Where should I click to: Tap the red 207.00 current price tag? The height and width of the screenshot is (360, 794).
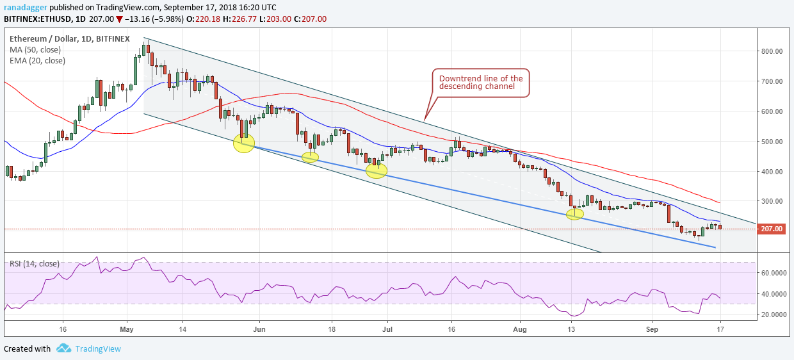pyautogui.click(x=772, y=229)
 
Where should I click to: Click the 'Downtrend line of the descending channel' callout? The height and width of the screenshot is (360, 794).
pyautogui.click(x=481, y=83)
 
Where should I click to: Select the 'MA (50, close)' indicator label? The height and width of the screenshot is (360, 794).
pyautogui.click(x=35, y=50)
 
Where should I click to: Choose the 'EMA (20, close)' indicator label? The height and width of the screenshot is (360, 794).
pyautogui.click(x=37, y=61)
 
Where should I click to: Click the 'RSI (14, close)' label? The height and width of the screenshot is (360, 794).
pyautogui.click(x=35, y=263)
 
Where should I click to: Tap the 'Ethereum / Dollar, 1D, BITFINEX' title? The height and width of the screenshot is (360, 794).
pyautogui.click(x=69, y=38)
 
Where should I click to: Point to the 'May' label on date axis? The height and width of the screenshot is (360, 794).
pyautogui.click(x=127, y=329)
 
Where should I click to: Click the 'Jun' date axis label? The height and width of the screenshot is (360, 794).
pyautogui.click(x=259, y=329)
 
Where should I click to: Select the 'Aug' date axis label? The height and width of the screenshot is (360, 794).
pyautogui.click(x=520, y=329)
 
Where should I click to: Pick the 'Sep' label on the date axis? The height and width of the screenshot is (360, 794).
pyautogui.click(x=652, y=329)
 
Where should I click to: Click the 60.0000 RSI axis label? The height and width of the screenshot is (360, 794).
pyautogui.click(x=774, y=273)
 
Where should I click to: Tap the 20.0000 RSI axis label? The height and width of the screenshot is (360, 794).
pyautogui.click(x=774, y=315)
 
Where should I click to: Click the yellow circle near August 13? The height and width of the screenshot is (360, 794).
pyautogui.click(x=574, y=214)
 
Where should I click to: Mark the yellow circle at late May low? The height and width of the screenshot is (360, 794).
pyautogui.click(x=244, y=143)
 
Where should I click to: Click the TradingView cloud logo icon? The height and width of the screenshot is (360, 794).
pyautogui.click(x=64, y=348)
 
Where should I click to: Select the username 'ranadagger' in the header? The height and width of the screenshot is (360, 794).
pyautogui.click(x=26, y=8)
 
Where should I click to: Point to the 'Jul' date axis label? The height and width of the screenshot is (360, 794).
pyautogui.click(x=387, y=329)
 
